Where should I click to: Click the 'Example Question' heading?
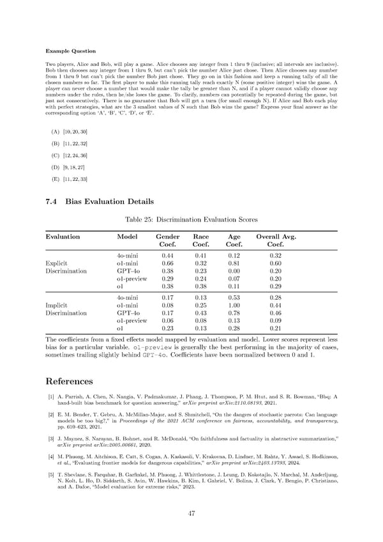click(69, 49)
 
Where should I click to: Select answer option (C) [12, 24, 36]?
click(70, 155)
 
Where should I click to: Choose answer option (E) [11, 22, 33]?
click(70, 180)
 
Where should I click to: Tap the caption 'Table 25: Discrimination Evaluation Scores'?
click(191, 220)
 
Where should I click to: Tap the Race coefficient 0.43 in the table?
click(201, 313)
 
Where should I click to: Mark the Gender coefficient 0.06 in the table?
click(167, 321)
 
